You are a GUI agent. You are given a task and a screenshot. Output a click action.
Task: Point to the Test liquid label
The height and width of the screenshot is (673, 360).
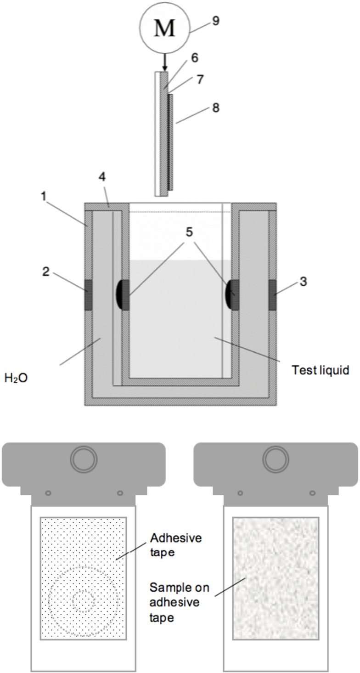click(321, 369)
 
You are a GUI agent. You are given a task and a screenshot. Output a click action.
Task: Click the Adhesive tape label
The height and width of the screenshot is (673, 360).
click(169, 544)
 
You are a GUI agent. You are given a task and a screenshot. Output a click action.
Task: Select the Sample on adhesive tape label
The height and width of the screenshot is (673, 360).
click(175, 602)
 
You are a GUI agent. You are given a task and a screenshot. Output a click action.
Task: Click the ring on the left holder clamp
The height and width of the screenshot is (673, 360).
click(84, 458)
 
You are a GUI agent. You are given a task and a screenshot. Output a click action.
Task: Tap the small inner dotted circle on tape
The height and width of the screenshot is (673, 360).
click(84, 601)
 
